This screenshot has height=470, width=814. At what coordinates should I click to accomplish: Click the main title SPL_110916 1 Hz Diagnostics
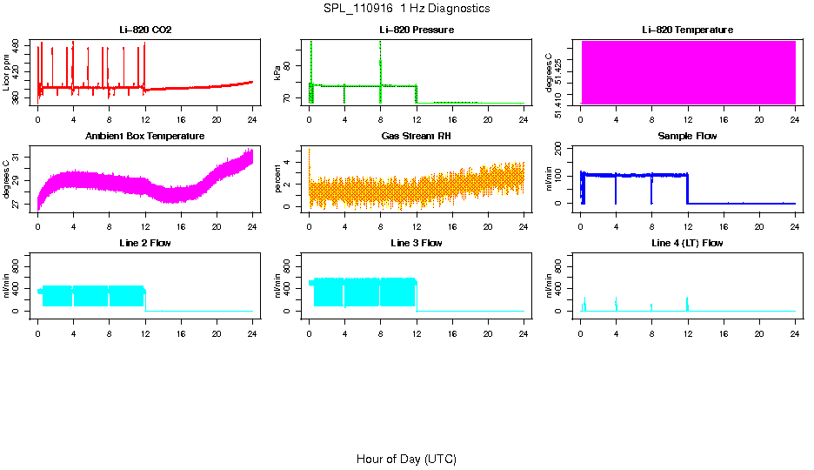click(406, 9)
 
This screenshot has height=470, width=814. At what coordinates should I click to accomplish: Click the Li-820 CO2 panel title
click(145, 30)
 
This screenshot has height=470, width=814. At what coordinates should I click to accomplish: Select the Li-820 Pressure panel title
click(417, 30)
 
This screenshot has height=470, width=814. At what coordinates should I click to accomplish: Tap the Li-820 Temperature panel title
click(687, 30)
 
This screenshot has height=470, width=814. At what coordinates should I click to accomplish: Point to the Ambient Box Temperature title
click(145, 137)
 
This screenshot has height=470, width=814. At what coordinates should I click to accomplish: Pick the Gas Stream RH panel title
click(417, 137)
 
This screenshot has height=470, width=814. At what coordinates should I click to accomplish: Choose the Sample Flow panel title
click(687, 137)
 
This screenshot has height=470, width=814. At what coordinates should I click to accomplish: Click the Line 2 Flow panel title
click(145, 243)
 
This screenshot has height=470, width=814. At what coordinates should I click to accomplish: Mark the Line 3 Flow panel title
click(417, 243)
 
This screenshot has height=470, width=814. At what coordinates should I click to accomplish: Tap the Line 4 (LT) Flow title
click(687, 243)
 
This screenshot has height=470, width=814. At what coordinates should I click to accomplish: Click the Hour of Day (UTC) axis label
click(406, 459)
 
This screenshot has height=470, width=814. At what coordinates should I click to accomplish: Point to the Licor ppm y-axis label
click(7, 73)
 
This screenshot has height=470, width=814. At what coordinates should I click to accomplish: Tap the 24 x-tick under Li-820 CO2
click(252, 119)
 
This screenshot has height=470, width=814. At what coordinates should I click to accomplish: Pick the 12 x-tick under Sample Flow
click(688, 225)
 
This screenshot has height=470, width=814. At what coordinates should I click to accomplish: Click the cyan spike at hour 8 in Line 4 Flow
click(651, 306)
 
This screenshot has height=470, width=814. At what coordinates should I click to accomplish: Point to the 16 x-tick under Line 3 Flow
click(452, 332)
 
